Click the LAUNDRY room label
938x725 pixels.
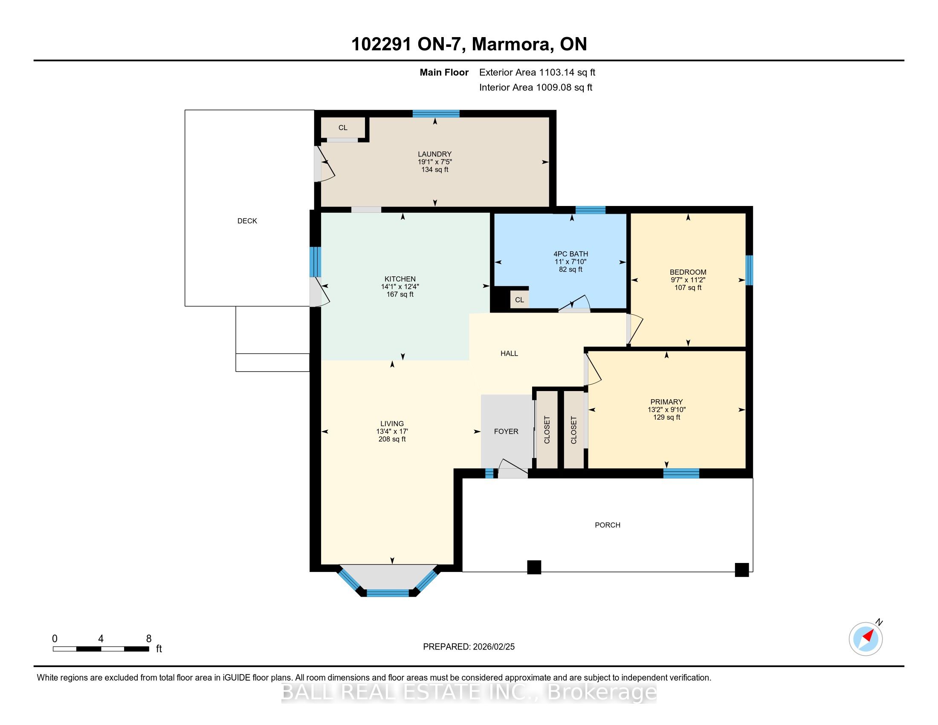434,154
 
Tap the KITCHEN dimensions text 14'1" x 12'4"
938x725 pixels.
400,287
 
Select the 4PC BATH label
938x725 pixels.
570,254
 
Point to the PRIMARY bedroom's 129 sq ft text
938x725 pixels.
666,417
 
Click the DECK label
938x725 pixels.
247,221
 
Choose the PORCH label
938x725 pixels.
607,525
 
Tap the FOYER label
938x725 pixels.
506,431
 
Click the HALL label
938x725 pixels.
509,354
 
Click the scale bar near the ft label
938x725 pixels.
101,649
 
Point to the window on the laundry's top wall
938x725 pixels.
436,114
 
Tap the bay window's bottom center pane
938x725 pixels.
388,593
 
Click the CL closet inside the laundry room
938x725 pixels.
343,128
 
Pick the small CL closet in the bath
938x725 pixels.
519,300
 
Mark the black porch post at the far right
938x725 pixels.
742,569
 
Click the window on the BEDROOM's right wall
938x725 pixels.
749,270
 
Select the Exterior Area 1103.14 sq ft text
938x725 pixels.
537,72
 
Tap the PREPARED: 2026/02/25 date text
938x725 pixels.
469,647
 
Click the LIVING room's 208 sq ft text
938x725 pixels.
392,439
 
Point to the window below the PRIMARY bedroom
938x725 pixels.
681,473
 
